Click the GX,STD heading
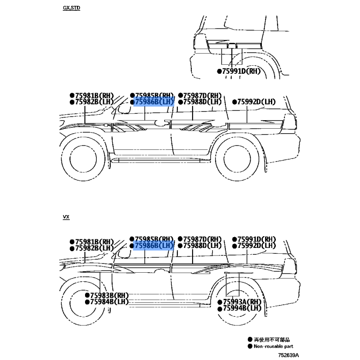point(72,8)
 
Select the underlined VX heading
point(66,217)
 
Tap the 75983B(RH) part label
point(109,295)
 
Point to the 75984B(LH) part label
point(109,301)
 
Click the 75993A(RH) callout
point(242,301)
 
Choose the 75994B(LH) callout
point(242,308)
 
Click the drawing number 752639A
point(288,355)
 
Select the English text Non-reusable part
point(274,346)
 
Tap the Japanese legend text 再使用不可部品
point(272,340)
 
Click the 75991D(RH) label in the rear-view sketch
point(241,71)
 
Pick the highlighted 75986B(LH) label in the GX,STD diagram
point(154,102)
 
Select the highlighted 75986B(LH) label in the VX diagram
point(154,246)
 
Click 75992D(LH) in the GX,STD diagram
point(256,102)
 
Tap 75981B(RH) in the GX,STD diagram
point(94,95)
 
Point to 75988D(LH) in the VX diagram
point(202,246)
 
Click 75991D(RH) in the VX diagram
point(256,239)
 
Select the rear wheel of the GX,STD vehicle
point(237,159)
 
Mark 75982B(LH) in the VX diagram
point(94,248)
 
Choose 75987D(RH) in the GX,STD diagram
point(202,95)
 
